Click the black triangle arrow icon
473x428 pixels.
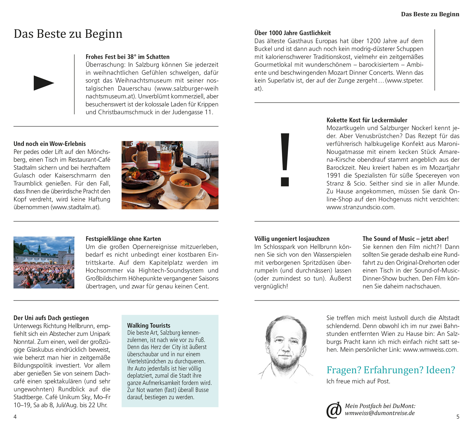(43, 83)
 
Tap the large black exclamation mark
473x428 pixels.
(285, 159)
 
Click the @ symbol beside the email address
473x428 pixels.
(334, 410)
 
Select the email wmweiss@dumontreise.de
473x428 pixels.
(380, 413)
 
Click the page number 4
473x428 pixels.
(15, 417)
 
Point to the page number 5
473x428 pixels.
(458, 417)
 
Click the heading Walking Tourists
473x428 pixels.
(149, 325)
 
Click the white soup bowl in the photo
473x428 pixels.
(186, 186)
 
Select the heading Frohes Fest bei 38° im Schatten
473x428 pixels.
(127, 57)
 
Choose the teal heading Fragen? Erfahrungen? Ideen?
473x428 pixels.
(391, 370)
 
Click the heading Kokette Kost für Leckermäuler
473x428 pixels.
(367, 120)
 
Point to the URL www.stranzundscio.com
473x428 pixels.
(360, 207)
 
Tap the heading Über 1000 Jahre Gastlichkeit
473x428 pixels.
(292, 33)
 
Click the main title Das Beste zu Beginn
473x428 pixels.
(68, 34)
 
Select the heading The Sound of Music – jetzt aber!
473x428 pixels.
(405, 239)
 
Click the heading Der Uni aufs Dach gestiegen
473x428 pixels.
(51, 318)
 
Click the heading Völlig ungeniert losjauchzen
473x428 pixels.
(292, 239)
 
